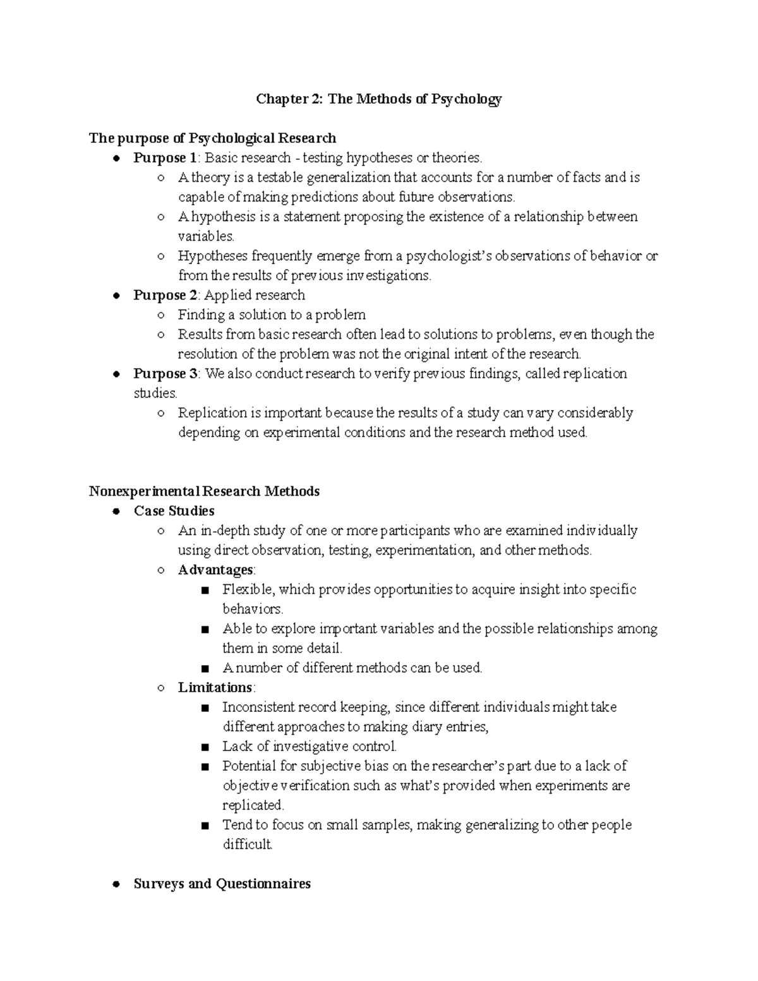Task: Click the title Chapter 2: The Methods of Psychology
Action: [x=378, y=99]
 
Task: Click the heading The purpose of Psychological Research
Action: [x=212, y=138]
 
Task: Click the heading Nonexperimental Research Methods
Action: [x=204, y=491]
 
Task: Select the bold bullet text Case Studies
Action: [x=174, y=510]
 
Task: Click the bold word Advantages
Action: [x=215, y=569]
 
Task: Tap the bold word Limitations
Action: [x=215, y=687]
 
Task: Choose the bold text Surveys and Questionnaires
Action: [x=222, y=883]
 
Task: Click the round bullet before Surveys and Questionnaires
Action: [x=116, y=884]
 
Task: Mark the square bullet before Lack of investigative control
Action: [x=204, y=747]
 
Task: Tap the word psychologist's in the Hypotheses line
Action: [x=448, y=256]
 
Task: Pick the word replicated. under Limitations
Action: [x=253, y=805]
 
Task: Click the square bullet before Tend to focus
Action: [x=204, y=826]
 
